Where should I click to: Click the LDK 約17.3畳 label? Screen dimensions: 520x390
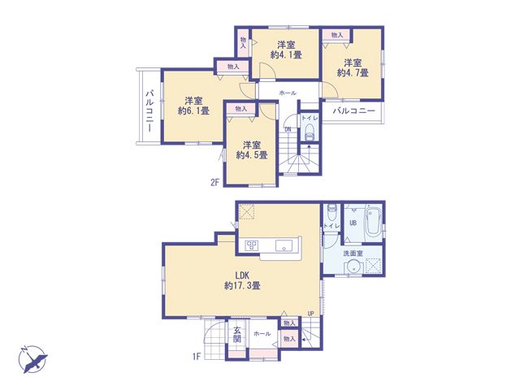242,280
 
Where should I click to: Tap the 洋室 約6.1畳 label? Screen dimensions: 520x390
193,106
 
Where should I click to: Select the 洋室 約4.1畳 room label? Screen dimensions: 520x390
286,50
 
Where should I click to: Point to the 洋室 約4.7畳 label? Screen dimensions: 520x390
353,67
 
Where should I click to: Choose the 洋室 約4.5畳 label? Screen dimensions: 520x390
252,149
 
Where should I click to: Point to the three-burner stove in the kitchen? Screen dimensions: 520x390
251,245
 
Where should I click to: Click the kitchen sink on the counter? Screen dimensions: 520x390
284,245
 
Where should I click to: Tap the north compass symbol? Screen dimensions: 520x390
32,359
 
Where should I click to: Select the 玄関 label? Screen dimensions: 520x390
236,334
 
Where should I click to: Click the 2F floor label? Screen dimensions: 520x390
214,182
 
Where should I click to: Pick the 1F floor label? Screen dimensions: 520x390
197,357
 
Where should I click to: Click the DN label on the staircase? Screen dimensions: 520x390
288,130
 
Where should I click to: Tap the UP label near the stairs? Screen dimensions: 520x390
310,314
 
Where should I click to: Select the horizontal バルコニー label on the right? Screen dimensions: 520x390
354,110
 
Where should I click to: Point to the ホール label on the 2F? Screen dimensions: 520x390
288,93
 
